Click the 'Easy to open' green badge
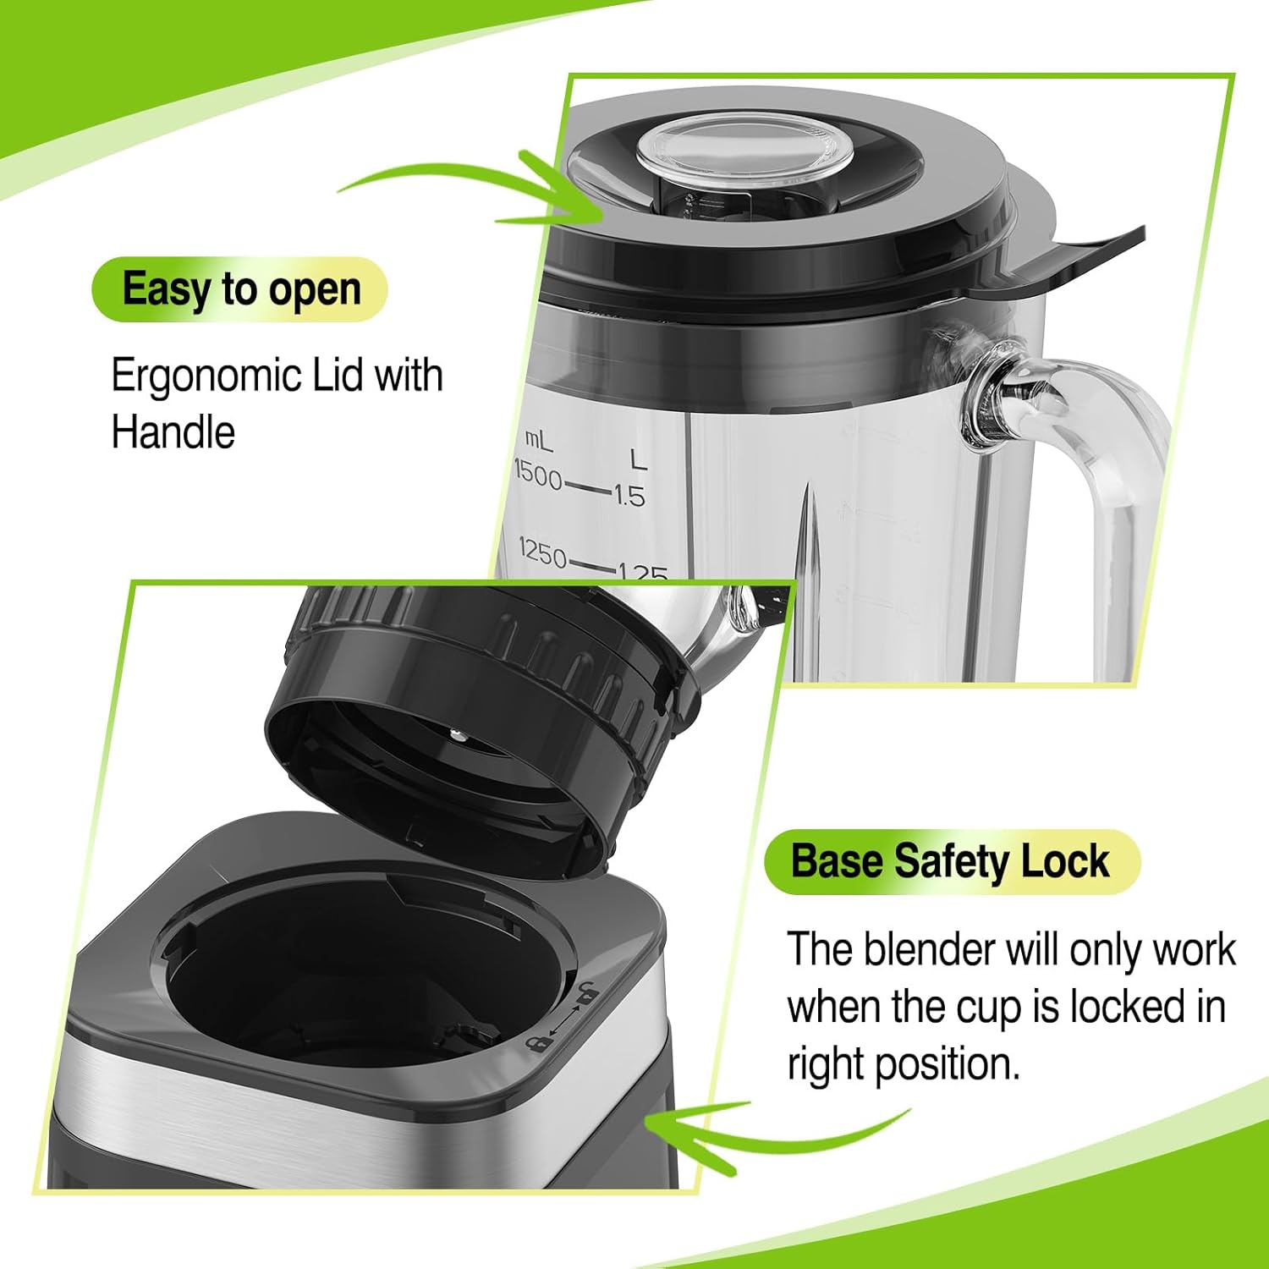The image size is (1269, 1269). (x=240, y=289)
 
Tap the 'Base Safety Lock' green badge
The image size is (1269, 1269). (x=950, y=861)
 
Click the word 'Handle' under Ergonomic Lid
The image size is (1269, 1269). (x=173, y=432)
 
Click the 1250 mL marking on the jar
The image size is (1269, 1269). (x=542, y=553)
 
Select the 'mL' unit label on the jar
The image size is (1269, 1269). (x=538, y=439)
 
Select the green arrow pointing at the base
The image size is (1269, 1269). (x=761, y=1129)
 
